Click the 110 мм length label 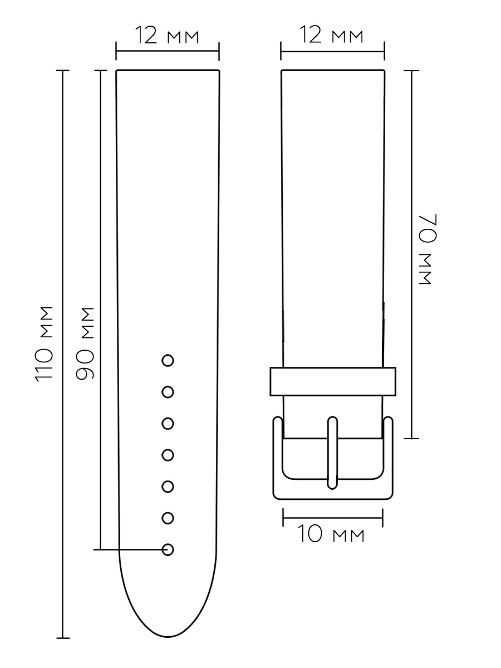[45, 344]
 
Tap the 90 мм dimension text [85, 343]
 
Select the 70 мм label [428, 249]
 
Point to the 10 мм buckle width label [331, 534]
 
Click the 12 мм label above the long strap [166, 35]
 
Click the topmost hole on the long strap [168, 361]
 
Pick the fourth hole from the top [168, 455]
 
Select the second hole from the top [168, 392]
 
